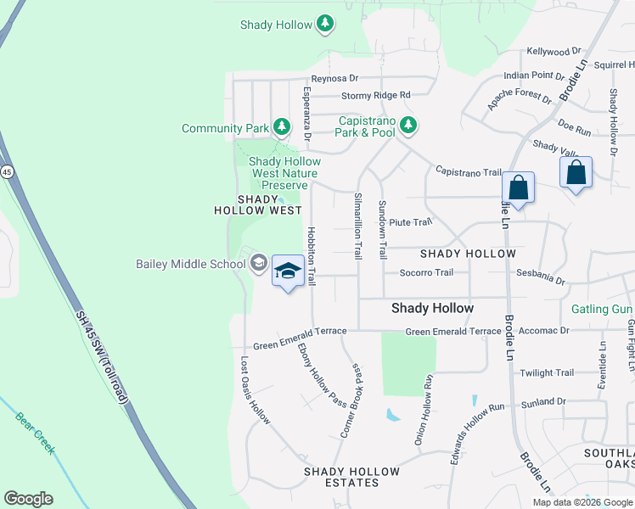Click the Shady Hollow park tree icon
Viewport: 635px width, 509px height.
[x=324, y=24]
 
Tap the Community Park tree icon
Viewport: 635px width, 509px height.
[x=282, y=128]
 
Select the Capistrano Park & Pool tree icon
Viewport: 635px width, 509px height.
[x=408, y=126]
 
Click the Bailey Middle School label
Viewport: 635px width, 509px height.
[x=190, y=264]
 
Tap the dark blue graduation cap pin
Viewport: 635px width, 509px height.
[x=289, y=271]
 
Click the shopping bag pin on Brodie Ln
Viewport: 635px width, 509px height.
[x=517, y=187]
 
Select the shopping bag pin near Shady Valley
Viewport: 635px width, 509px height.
[x=576, y=172]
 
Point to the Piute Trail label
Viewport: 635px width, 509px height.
[x=411, y=222]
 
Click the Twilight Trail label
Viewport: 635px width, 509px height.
[x=547, y=372]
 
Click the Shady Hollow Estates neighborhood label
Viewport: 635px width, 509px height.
[x=352, y=477]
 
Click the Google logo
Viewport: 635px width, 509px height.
[x=28, y=499]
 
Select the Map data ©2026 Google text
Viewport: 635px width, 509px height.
[x=582, y=502]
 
